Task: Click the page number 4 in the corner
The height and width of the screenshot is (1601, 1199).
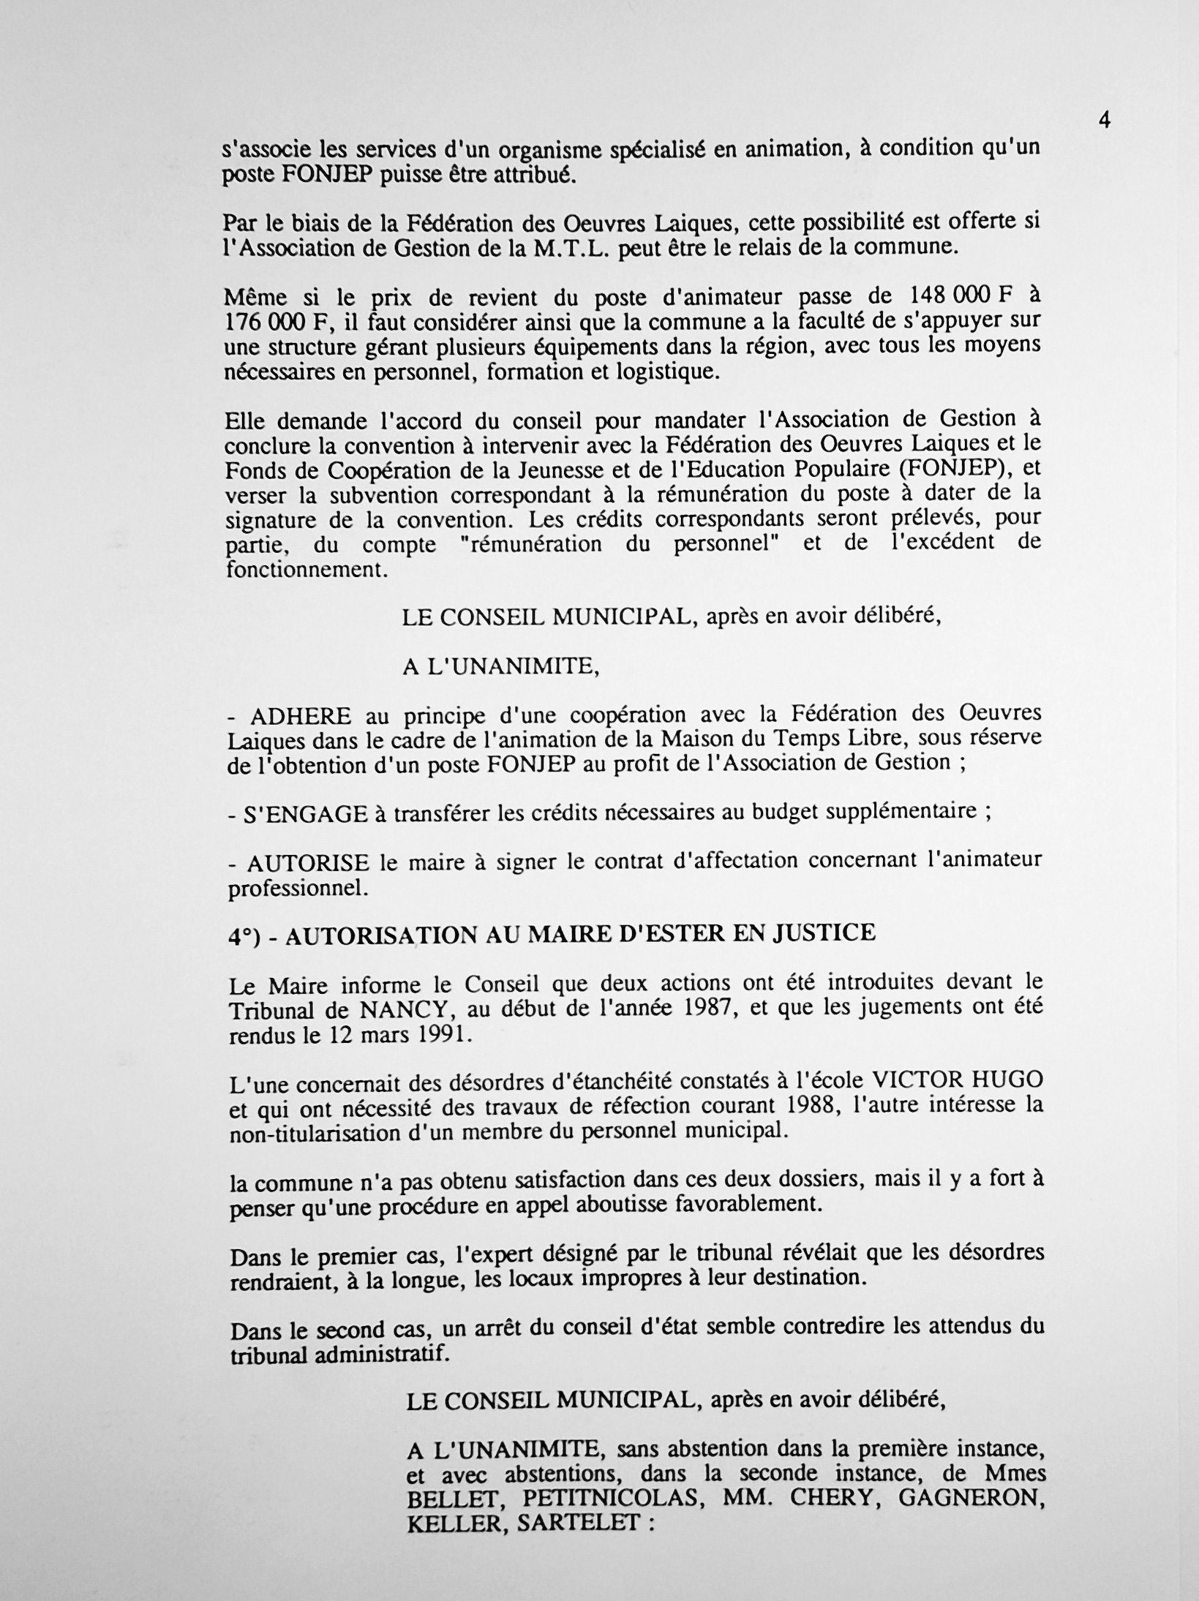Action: (1105, 121)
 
